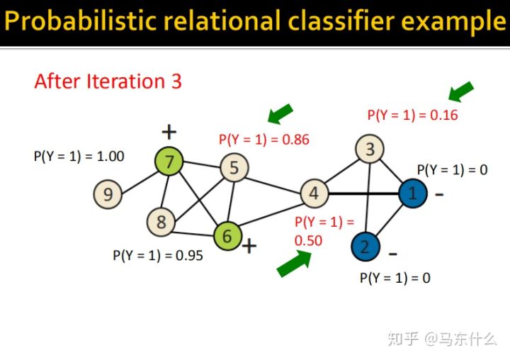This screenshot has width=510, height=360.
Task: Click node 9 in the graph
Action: click(108, 194)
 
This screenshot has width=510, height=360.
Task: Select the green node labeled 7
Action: click(169, 162)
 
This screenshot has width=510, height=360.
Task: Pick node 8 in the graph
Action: click(161, 222)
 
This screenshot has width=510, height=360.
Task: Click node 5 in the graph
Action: click(233, 168)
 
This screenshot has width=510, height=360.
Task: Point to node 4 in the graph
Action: click(314, 193)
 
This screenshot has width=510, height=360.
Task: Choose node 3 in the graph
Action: click(370, 150)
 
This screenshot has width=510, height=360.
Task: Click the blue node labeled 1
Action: click(412, 193)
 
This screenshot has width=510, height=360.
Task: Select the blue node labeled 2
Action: click(365, 247)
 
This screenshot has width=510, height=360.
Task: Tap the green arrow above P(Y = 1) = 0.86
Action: click(280, 113)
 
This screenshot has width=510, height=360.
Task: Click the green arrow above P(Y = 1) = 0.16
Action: click(461, 91)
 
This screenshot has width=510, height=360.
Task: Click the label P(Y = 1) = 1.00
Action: click(79, 156)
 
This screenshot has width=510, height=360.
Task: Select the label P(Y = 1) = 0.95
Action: click(158, 255)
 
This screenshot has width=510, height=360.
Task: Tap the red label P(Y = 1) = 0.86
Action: click(264, 140)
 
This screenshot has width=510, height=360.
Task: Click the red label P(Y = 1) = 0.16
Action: click(412, 115)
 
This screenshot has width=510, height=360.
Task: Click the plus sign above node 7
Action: click(168, 132)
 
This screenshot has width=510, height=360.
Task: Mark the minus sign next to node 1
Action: click(440, 193)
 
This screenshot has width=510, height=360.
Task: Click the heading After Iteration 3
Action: click(108, 81)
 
